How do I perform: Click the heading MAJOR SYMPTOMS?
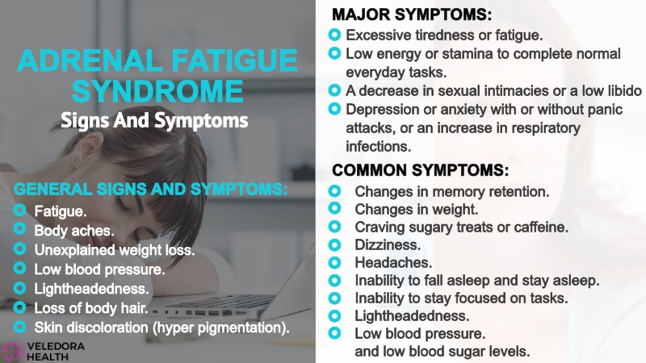[x=412, y=15]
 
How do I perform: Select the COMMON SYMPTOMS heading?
[x=420, y=170]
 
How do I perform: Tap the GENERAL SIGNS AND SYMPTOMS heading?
[x=150, y=190]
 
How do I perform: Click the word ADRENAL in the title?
[x=90, y=60]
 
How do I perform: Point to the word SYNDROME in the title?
[x=157, y=91]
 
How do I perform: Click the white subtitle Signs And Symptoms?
[x=154, y=120]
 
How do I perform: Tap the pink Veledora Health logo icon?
[x=11, y=353]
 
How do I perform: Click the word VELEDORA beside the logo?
[x=56, y=347]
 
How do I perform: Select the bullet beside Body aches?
[x=19, y=229]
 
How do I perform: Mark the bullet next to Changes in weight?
[x=334, y=208]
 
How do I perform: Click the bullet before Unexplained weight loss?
[x=19, y=248]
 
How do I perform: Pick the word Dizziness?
[x=388, y=245]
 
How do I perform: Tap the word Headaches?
[x=393, y=263]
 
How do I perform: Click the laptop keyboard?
[x=218, y=307]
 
